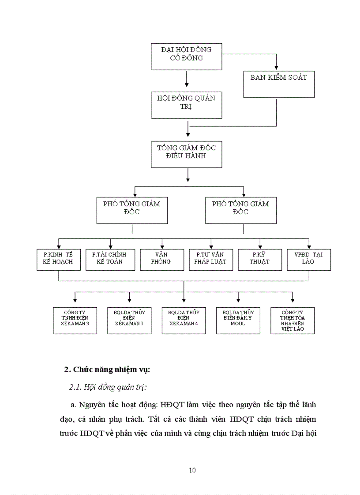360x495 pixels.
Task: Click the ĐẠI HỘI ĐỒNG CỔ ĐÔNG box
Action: (x=186, y=56)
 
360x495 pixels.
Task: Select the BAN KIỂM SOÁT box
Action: (x=279, y=84)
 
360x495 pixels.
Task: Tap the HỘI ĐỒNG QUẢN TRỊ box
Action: (x=186, y=105)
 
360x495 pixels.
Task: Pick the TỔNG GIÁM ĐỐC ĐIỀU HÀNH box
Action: (x=186, y=154)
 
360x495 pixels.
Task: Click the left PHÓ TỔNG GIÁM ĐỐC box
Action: (x=132, y=210)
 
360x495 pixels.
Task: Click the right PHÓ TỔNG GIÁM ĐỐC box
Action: (x=240, y=210)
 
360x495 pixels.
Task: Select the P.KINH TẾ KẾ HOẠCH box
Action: (x=58, y=260)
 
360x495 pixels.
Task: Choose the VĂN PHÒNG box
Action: (x=162, y=260)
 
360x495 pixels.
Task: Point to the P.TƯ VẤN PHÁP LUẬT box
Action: (x=211, y=260)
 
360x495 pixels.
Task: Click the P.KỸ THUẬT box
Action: (x=260, y=260)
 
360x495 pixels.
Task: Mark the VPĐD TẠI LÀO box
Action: (x=308, y=260)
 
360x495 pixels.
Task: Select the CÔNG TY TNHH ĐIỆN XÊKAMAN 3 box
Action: (x=75, y=320)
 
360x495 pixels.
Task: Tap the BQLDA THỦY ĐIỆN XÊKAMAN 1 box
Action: (x=129, y=320)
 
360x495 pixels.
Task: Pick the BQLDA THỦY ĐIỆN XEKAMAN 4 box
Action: (x=184, y=320)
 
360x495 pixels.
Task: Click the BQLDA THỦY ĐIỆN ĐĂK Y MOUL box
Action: (x=238, y=320)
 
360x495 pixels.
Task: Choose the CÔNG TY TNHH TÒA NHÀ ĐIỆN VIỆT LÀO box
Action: (x=292, y=320)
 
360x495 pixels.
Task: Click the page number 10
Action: (x=192, y=470)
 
